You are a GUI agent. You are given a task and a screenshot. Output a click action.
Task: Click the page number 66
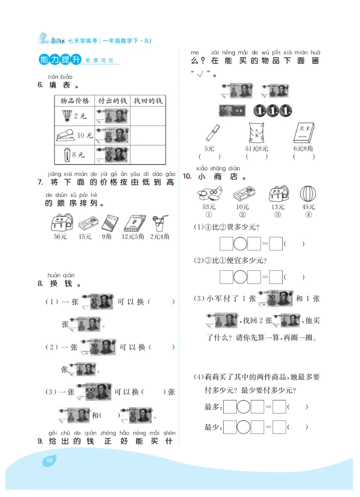click(49, 460)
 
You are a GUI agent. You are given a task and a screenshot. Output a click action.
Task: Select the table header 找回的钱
click(148, 100)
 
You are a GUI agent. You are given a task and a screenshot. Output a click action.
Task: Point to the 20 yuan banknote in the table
click(112, 135)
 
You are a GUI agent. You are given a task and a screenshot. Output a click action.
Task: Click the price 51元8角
click(256, 148)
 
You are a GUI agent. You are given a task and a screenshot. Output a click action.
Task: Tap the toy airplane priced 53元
click(209, 194)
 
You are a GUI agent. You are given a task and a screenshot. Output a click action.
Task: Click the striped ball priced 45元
click(309, 194)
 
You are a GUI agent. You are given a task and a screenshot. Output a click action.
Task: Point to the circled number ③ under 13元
click(278, 215)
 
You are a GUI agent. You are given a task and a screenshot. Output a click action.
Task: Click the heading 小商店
click(218, 177)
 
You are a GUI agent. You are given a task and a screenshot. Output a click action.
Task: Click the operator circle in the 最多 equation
click(243, 407)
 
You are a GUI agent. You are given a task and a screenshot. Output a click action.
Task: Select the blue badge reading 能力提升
click(60, 60)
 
